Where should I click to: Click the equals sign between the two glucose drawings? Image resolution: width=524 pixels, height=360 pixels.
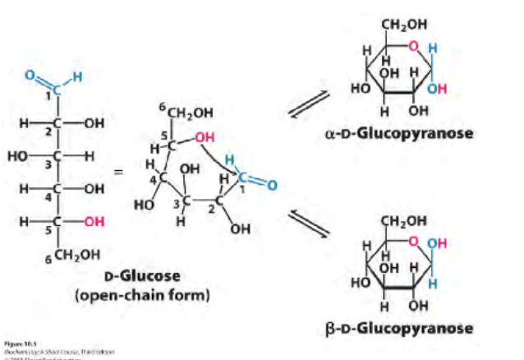tap(119, 173)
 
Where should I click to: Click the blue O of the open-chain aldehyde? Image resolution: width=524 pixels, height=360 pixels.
tap(30, 76)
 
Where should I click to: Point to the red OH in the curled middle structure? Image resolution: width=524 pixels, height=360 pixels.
tap(205, 136)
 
